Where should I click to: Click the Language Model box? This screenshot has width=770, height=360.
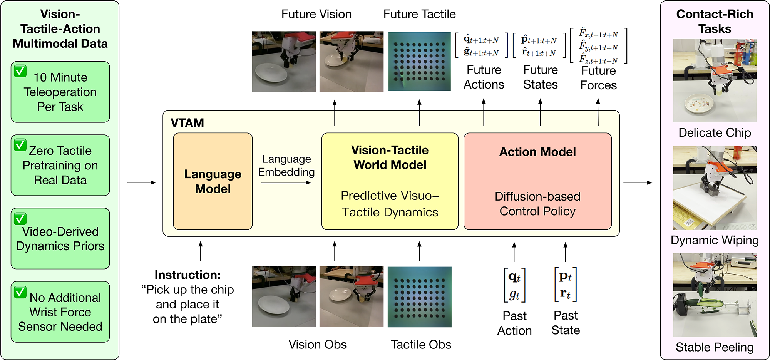[213, 181]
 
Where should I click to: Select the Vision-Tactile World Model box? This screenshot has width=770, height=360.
[390, 181]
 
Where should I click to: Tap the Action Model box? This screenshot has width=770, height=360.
[537, 181]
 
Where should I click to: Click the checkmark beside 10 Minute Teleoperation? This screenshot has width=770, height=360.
[20, 71]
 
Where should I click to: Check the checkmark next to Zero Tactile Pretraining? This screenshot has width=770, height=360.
[20, 145]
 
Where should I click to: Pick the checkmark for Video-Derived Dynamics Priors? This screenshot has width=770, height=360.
[20, 219]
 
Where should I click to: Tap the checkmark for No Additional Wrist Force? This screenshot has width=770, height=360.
[20, 292]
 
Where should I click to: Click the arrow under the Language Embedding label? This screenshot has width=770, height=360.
[286, 183]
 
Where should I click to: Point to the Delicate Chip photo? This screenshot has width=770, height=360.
[715, 80]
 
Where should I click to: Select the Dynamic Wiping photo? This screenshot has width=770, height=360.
[715, 188]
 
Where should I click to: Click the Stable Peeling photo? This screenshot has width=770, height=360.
[715, 295]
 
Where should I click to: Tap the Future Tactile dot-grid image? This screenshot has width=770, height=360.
[419, 62]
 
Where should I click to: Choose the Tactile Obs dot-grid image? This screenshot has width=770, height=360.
[419, 297]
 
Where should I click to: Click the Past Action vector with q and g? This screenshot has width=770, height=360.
[514, 285]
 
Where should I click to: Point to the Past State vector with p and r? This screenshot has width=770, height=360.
[565, 285]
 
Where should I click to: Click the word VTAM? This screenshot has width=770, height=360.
[187, 123]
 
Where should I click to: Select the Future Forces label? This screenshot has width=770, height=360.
[598, 78]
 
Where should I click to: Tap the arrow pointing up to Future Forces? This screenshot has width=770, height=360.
[598, 112]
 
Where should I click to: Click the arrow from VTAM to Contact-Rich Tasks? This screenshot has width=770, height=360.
[638, 183]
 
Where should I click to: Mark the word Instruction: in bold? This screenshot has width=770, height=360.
[187, 275]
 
